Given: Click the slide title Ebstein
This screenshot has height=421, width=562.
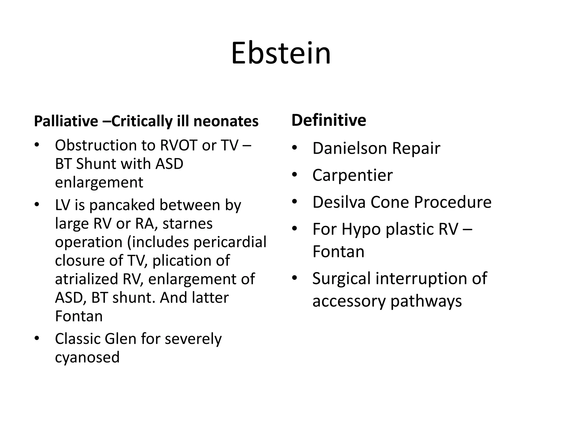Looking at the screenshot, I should tap(281, 53).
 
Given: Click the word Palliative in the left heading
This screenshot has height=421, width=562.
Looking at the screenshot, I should tap(66, 121).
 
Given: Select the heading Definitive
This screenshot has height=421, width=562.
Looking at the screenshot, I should tap(328, 120).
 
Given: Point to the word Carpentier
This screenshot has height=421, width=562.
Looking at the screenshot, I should tap(352, 175).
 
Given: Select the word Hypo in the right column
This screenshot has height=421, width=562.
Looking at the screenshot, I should tap(361, 229).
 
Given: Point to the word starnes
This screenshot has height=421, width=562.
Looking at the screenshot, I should tap(187, 224).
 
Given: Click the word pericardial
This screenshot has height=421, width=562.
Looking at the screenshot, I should tap(230, 242).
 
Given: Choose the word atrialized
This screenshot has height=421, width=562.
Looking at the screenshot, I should tap(86, 279).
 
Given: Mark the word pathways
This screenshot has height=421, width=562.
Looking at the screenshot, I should tap(426, 301).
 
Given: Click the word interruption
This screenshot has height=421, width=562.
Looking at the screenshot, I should tap(421, 279).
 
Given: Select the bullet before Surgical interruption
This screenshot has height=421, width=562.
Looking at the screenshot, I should tap(294, 278).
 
